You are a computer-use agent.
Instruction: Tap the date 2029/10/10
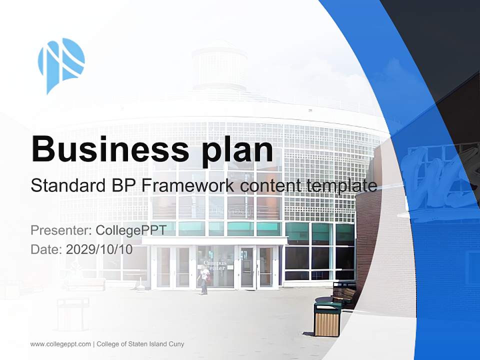coord(99,249)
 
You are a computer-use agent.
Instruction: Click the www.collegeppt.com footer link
coord(60,344)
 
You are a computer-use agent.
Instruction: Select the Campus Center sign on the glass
coord(215,265)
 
